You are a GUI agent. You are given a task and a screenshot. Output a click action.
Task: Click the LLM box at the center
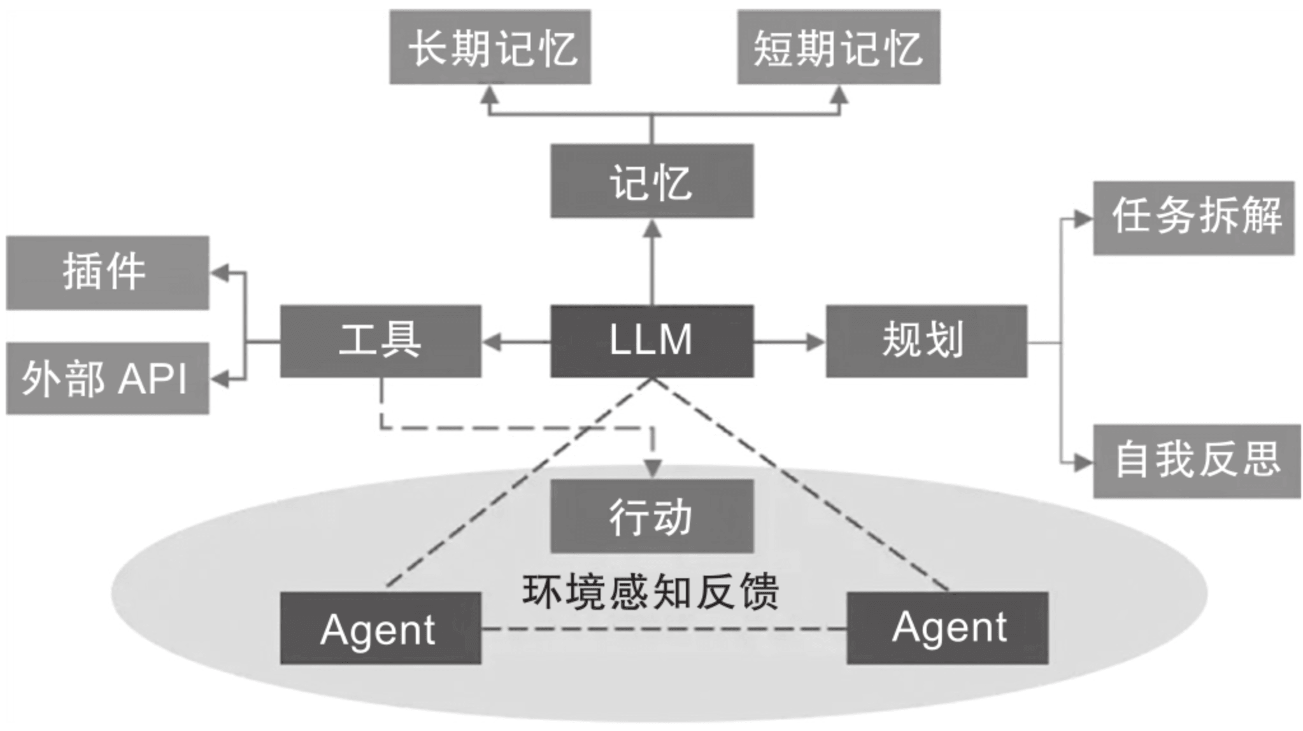[x=651, y=341]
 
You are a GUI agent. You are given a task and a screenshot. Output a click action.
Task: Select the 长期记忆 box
[x=490, y=46]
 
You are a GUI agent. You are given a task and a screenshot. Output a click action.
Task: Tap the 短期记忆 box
[x=838, y=46]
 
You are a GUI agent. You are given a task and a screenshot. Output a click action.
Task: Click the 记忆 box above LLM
[x=651, y=181]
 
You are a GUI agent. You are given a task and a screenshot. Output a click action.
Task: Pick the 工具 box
[x=380, y=341]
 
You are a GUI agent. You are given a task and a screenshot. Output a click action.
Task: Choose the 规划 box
[x=926, y=341]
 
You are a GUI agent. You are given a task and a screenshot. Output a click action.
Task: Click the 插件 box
[x=107, y=273]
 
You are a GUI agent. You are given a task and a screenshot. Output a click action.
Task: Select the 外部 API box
[x=107, y=378]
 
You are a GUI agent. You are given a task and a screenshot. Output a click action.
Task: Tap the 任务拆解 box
[x=1193, y=218]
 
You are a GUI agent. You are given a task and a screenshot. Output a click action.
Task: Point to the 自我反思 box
[x=1197, y=460]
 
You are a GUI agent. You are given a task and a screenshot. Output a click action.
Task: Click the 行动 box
[x=651, y=516]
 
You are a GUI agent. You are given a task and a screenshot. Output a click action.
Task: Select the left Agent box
[x=380, y=628]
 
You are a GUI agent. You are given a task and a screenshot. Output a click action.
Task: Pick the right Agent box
[x=947, y=628]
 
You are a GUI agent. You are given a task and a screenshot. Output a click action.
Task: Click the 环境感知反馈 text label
[x=650, y=592]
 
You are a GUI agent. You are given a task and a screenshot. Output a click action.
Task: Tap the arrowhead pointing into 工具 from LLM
[x=492, y=342]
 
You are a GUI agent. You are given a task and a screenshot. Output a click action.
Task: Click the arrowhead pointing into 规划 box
[x=815, y=342]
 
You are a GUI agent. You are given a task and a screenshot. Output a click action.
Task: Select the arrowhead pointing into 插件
[x=220, y=273]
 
